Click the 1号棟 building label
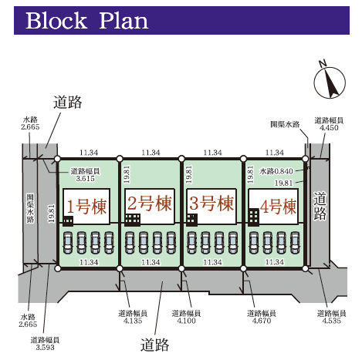coord(86,207)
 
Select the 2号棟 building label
coord(149,204)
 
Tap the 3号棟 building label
coord(211,204)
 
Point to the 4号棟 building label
coord(278,207)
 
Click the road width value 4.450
coord(329,128)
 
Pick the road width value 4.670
coord(262,321)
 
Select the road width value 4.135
coord(133,321)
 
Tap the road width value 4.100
coord(186,321)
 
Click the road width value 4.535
coord(331,321)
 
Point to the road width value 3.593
coord(45,348)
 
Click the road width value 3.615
coord(85,179)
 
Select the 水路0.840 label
coord(276,171)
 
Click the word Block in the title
coord(56,21)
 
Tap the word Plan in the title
coord(123,21)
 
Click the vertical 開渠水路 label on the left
coord(30,208)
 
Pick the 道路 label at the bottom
coord(154,345)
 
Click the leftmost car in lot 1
coord(68,243)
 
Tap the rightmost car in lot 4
coord(295,243)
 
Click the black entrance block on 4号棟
coord(254,217)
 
